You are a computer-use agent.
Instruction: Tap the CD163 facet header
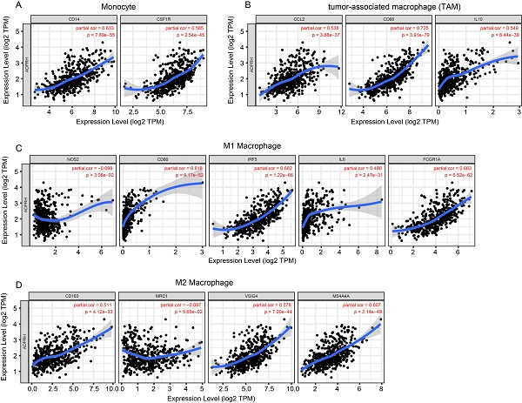(x=72, y=293)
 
